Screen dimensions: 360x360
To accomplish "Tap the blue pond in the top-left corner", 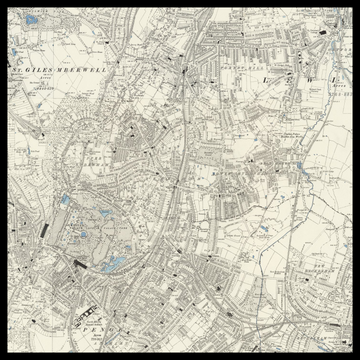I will [x=31, y=19].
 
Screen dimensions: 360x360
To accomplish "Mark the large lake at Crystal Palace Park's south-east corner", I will [x=115, y=264].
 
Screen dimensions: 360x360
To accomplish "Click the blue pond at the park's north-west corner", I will [x=66, y=200].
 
